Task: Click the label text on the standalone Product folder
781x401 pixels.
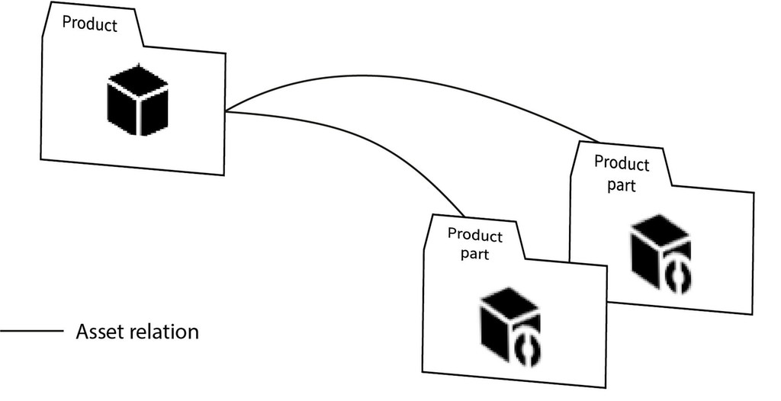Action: pos(89,24)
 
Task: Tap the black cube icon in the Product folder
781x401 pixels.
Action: pos(137,99)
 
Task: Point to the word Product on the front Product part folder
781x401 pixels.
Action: pos(475,234)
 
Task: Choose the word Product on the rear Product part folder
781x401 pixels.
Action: pos(622,164)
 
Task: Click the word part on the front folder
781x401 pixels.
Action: pos(474,254)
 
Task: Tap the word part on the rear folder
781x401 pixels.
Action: pos(621,184)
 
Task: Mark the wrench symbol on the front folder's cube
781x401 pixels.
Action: pos(529,347)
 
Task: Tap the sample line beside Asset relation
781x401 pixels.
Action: pos(31,332)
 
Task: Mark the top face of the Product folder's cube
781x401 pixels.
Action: pos(137,81)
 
